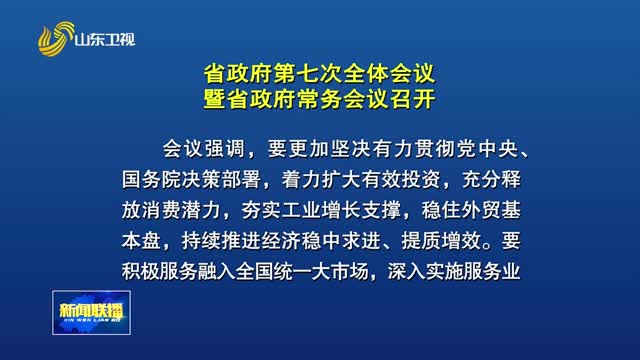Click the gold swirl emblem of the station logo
(x=56, y=39)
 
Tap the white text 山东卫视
(x=105, y=40)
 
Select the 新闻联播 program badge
(x=91, y=313)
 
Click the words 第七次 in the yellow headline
(x=308, y=74)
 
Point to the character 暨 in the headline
(x=215, y=99)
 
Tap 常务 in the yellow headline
(x=320, y=99)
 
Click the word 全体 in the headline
(x=366, y=74)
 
